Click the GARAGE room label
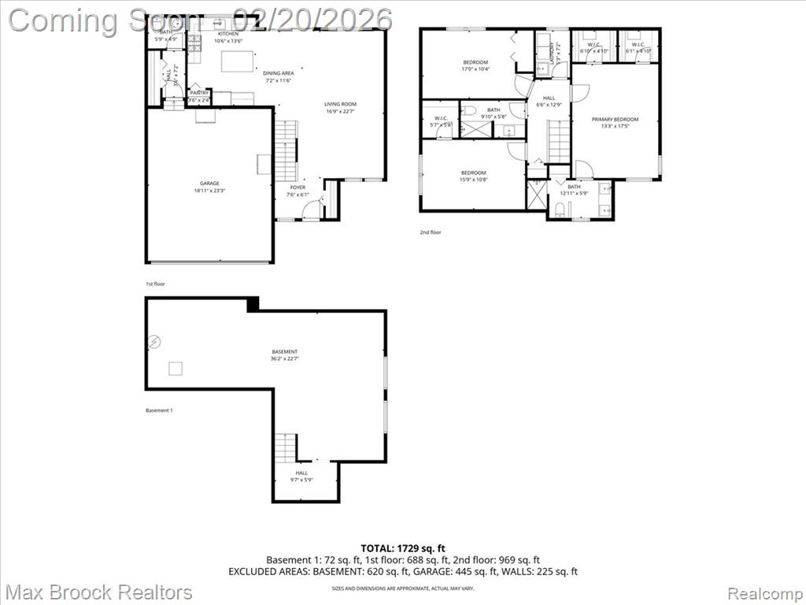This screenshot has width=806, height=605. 209,184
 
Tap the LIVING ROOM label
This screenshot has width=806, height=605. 341,104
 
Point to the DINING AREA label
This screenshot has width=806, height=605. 279,73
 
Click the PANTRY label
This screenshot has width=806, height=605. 198,93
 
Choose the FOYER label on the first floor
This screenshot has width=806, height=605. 298,187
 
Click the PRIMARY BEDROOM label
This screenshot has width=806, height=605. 615,120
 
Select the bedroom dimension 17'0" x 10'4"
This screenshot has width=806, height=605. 475,69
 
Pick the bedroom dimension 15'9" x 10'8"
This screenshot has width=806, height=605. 473,180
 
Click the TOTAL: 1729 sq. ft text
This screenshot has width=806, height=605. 402,547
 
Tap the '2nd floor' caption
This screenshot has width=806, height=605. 431,232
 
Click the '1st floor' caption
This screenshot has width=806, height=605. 155,284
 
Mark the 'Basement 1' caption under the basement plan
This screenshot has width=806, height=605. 159,410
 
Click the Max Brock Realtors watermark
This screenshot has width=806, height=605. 99,592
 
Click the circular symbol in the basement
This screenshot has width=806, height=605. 155,341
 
